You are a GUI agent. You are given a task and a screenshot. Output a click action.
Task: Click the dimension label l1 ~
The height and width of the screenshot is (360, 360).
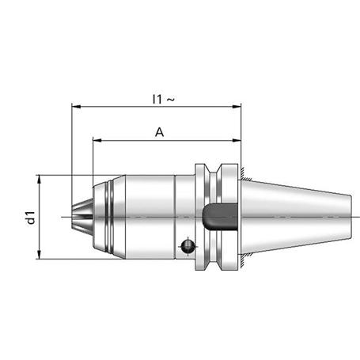click(164, 99)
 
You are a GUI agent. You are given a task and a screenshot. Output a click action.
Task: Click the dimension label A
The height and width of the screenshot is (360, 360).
click(159, 132)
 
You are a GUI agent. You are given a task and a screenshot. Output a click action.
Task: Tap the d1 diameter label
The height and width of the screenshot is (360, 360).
click(31, 218)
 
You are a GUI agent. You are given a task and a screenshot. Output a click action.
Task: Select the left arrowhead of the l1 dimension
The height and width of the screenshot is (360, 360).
click(76, 107)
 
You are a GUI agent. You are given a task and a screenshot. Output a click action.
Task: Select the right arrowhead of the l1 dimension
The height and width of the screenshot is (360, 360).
click(237, 107)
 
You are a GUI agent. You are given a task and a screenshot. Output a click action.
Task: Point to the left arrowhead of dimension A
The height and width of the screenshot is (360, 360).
click(97, 141)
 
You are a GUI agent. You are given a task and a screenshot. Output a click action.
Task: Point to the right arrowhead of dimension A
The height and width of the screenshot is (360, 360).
click(237, 141)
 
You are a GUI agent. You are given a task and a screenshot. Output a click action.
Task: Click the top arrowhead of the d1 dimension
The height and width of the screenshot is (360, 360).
click(39, 179)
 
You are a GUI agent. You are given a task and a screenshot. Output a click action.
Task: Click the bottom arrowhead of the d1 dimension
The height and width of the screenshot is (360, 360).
click(39, 255)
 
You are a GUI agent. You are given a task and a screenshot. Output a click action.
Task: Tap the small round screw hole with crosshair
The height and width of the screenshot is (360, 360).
click(188, 246)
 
